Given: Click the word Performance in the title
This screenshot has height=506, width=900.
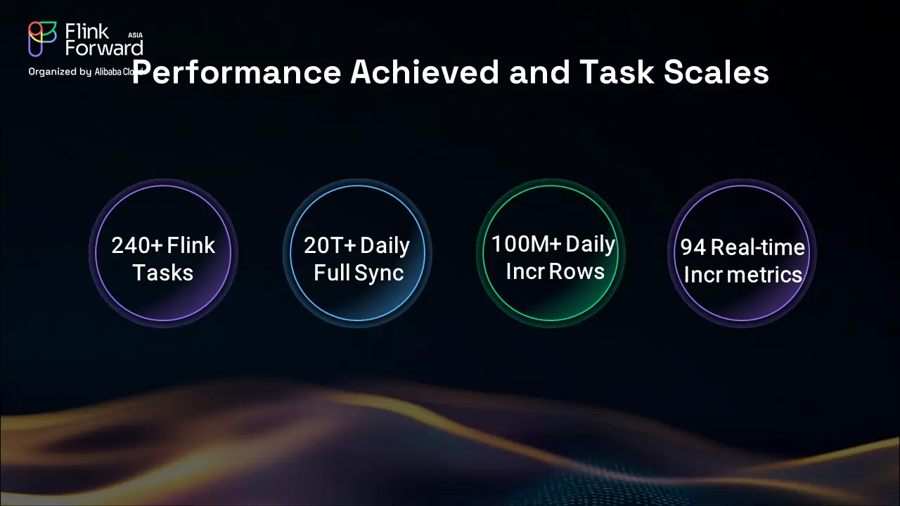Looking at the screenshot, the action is tap(236, 72).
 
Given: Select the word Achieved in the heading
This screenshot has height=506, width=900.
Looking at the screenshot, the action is tap(425, 72).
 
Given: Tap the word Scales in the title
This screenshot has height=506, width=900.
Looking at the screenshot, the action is tap(716, 72).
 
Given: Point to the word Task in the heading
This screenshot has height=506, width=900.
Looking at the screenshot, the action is tap(617, 72).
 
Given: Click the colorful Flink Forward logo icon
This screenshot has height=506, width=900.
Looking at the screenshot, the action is tap(41, 39).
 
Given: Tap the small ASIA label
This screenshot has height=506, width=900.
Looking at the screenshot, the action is tap(136, 35).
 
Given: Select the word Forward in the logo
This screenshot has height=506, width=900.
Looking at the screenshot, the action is tap(104, 48).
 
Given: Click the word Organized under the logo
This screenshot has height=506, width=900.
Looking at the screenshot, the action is tap(52, 72).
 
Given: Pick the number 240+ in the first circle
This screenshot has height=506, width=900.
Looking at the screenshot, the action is tap(137, 245).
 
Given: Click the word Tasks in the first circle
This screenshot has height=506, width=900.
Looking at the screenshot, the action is tap(162, 273).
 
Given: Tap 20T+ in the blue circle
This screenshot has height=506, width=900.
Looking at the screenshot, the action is tap(330, 245).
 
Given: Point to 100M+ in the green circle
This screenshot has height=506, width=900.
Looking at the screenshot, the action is tap(526, 244).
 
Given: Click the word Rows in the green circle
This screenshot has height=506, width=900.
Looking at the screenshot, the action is tap(577, 272).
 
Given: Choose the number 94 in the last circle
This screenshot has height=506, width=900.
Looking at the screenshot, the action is tap(693, 247).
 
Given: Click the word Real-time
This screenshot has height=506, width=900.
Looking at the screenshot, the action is tap(758, 247).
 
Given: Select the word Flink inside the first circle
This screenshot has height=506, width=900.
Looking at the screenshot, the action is tap(191, 245).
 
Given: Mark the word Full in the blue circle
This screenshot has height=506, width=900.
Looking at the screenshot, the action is tap(332, 273).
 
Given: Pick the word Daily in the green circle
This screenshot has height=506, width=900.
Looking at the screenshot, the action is tap(590, 245).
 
